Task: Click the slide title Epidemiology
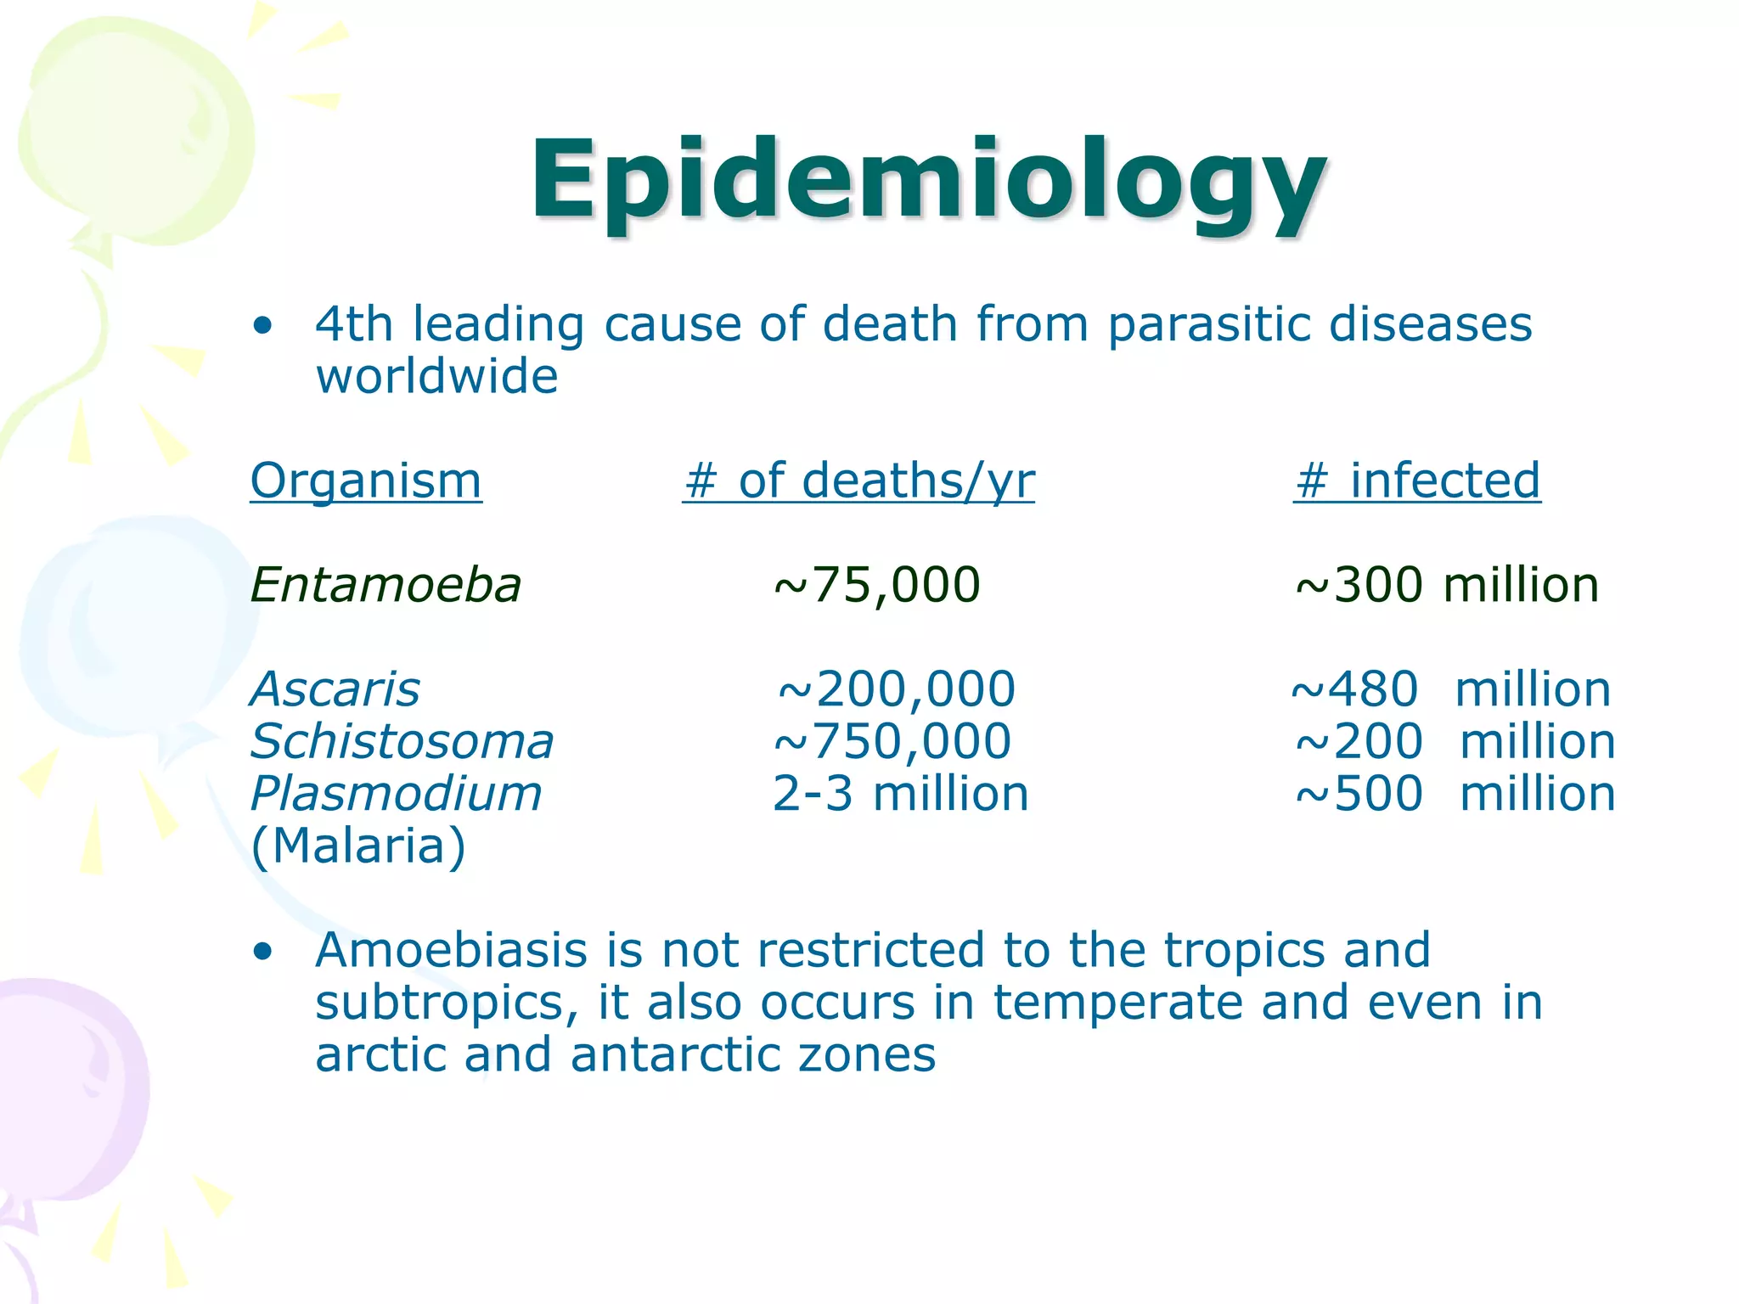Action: pos(928,183)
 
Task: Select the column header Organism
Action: pos(366,481)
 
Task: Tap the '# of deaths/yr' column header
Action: pos(858,481)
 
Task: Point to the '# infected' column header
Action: pos(1416,481)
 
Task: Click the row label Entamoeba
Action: pos(386,585)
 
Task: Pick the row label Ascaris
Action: pos(335,689)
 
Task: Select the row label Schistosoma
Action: pos(402,741)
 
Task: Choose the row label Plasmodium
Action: pos(397,794)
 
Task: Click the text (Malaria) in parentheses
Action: pos(359,846)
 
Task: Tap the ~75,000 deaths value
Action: pos(877,585)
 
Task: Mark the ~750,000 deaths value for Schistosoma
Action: pos(892,741)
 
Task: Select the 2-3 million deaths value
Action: pos(900,794)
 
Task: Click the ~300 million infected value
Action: pos(1447,585)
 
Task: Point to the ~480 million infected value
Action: pos(1450,689)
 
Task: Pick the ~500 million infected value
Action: pos(1455,794)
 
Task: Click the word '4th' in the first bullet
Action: pos(354,324)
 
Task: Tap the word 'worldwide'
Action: pos(436,376)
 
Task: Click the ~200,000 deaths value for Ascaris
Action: pos(896,689)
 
